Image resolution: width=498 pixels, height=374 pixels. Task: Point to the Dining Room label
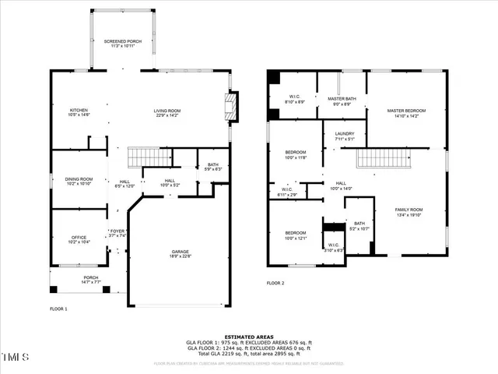[79, 181]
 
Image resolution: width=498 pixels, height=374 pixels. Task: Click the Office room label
[79, 239]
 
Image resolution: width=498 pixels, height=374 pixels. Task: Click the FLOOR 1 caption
[59, 309]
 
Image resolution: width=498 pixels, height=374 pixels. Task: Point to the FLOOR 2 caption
[275, 284]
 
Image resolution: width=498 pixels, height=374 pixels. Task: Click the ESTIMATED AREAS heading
[248, 337]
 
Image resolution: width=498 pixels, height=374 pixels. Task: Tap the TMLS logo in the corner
[15, 358]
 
